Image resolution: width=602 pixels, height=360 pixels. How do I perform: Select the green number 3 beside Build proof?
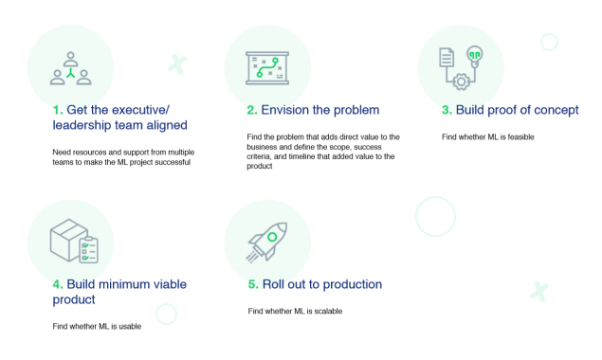[447, 109]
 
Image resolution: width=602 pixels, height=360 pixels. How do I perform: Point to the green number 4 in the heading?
[57, 284]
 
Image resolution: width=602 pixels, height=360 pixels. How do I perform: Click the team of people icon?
[70, 64]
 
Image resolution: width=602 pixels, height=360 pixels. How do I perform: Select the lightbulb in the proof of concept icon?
[475, 54]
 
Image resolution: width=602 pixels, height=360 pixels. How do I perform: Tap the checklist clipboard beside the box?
[89, 251]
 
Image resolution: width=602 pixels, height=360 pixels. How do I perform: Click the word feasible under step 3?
[519, 137]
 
